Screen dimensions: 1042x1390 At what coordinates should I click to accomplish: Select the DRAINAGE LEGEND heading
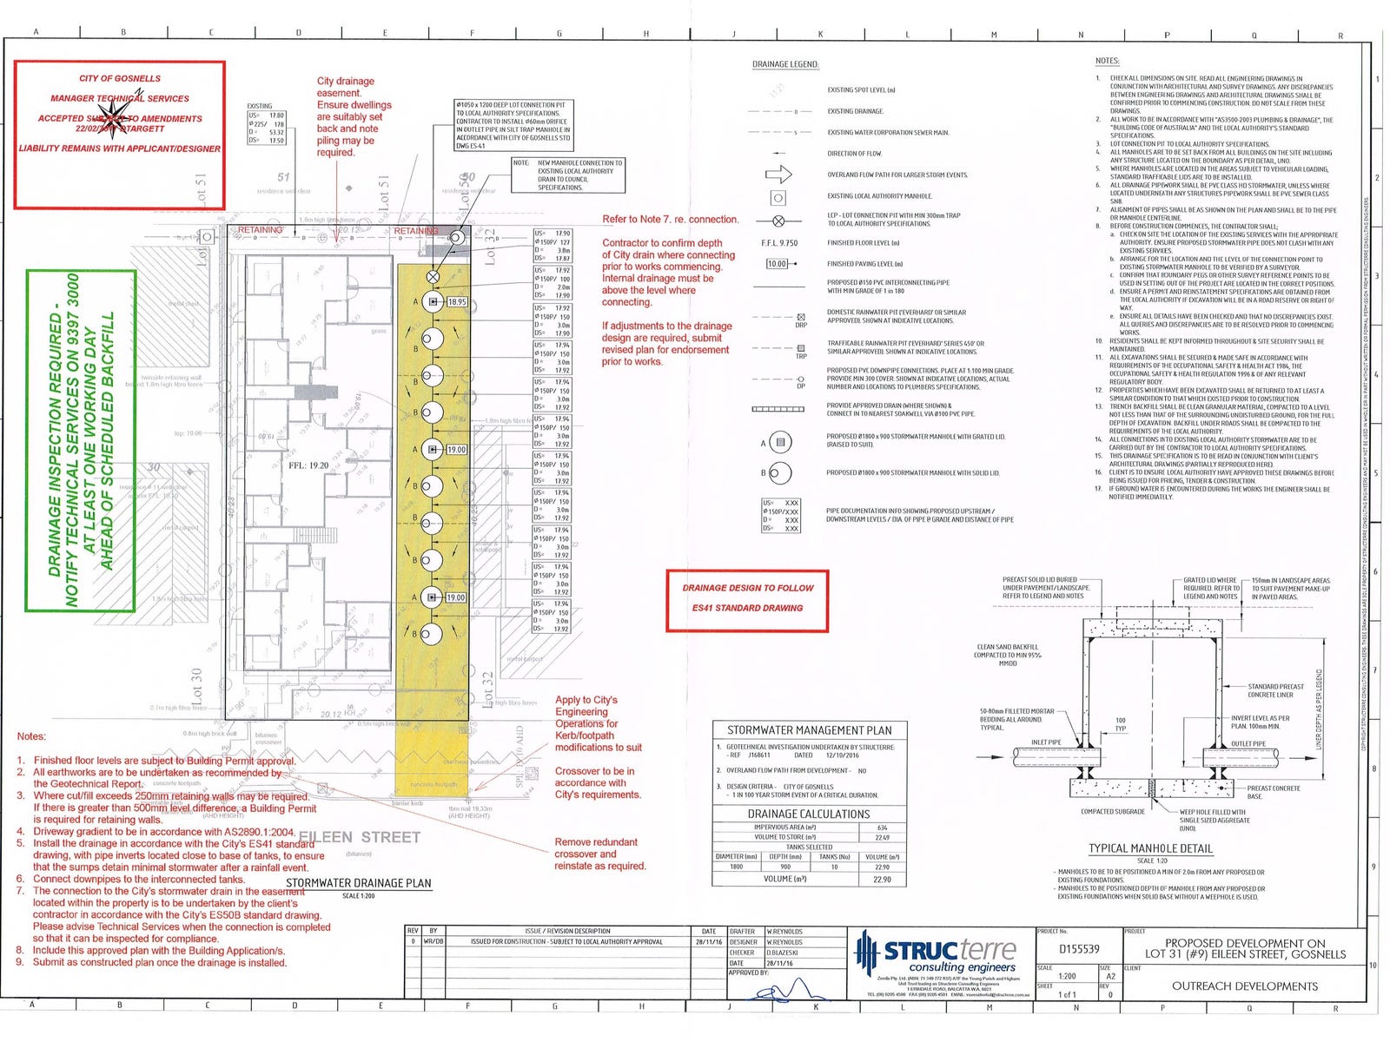click(785, 64)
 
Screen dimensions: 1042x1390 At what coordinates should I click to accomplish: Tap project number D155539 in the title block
click(1079, 949)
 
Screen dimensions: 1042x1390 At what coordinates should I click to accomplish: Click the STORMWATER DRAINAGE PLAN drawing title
click(358, 883)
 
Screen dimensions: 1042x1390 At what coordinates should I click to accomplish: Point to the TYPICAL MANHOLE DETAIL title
click(1150, 848)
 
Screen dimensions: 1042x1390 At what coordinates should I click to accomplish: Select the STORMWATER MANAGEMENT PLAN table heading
click(809, 730)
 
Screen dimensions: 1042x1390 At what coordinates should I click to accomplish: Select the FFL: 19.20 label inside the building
click(308, 465)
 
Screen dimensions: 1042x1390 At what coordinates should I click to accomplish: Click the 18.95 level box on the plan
click(457, 302)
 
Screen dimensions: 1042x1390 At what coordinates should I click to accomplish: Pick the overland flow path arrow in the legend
click(778, 175)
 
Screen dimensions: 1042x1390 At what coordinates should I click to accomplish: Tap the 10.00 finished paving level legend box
click(777, 264)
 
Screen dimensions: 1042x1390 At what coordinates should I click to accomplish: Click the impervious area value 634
click(882, 828)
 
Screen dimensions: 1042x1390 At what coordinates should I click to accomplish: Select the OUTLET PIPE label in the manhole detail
click(1248, 743)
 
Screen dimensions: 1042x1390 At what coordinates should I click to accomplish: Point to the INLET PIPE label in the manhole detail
click(1046, 742)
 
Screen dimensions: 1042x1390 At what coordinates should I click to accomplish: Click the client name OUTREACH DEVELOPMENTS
click(1244, 986)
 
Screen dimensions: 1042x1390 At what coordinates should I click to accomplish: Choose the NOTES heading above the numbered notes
click(1107, 61)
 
